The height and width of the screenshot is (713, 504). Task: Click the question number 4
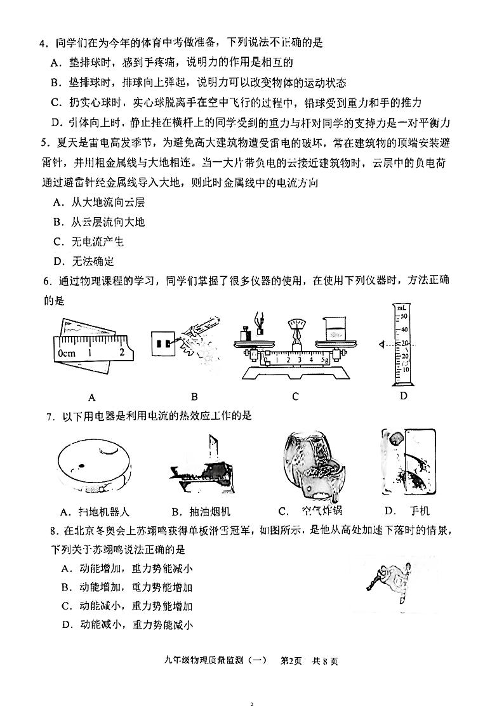coord(43,44)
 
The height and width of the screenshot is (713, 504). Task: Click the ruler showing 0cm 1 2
coord(93,350)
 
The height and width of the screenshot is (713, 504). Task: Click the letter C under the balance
coord(295,397)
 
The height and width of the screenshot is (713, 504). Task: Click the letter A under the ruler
coord(92,397)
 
